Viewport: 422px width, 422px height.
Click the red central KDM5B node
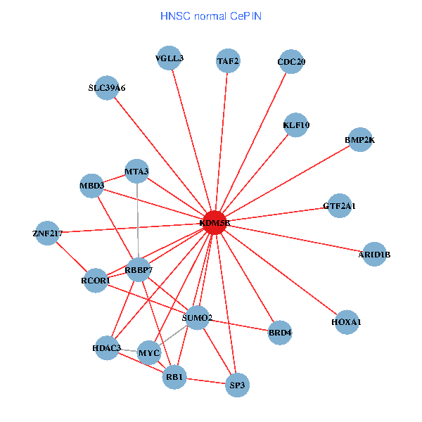pos(214,223)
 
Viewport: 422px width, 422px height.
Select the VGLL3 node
pos(170,58)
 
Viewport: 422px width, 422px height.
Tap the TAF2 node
pos(228,61)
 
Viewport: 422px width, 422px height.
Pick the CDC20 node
pos(291,61)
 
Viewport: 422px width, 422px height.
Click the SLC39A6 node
pos(107,88)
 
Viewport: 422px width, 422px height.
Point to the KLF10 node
pos(296,125)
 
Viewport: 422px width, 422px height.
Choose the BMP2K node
pos(359,140)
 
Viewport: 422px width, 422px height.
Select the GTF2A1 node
pos(339,206)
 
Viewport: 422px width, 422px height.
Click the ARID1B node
pos(374,254)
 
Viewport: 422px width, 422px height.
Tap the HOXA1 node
pos(345,322)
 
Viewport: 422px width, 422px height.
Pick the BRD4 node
pos(280,331)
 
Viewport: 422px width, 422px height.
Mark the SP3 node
pos(238,385)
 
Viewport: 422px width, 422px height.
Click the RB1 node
pos(174,378)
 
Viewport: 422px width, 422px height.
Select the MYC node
pos(149,352)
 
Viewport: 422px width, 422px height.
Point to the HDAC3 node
pos(107,347)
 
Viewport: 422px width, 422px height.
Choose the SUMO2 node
pos(197,318)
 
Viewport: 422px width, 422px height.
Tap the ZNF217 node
pos(47,233)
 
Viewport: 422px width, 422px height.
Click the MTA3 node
pos(136,171)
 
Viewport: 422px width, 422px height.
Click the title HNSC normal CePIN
pos(210,15)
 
